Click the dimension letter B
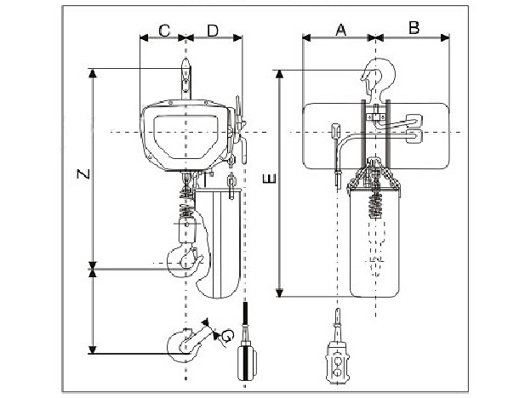(414, 28)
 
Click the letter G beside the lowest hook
(226, 338)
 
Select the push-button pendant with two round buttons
(339, 362)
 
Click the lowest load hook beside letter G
(185, 342)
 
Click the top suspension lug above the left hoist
(186, 82)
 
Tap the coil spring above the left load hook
(186, 205)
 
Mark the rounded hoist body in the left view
(187, 136)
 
